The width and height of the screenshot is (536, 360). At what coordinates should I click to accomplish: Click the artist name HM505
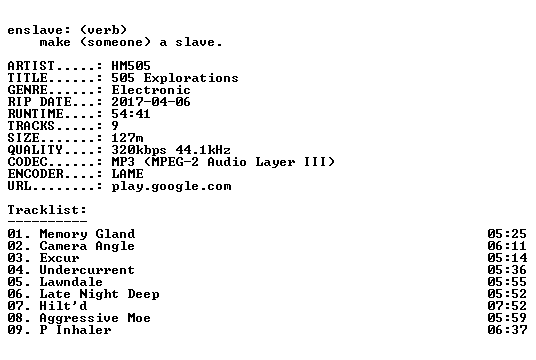click(131, 66)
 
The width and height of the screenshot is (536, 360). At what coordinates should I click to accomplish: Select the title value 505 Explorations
click(175, 78)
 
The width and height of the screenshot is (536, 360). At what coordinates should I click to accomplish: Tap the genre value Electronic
click(151, 90)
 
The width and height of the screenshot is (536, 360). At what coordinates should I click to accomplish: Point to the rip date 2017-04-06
click(151, 102)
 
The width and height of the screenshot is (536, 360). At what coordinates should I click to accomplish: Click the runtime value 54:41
click(131, 114)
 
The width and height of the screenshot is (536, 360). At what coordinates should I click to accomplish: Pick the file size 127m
click(127, 138)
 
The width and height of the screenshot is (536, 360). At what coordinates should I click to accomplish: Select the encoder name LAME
click(127, 174)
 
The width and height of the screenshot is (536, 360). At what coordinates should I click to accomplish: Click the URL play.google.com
click(171, 186)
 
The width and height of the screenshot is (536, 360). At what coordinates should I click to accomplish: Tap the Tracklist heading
click(47, 210)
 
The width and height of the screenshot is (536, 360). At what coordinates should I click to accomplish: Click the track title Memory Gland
click(87, 234)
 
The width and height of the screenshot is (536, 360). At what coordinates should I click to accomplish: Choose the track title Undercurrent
click(87, 270)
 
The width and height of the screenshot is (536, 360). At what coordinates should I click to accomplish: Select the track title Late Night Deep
click(99, 294)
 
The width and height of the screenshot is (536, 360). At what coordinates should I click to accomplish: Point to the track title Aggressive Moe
click(95, 318)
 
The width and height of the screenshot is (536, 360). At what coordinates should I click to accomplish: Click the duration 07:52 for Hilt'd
click(507, 306)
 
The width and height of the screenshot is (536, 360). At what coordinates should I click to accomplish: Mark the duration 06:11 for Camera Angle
click(507, 246)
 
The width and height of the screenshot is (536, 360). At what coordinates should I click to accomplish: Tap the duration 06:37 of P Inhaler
click(507, 330)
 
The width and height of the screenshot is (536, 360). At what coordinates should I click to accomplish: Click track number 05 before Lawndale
click(15, 282)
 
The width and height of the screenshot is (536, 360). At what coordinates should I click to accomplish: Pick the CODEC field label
click(27, 162)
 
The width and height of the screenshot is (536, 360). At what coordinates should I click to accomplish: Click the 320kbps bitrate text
click(139, 150)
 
